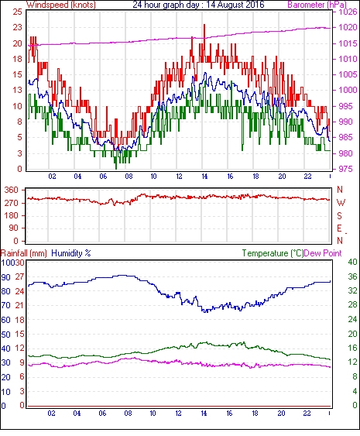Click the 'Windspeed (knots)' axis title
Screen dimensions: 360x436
click(61, 5)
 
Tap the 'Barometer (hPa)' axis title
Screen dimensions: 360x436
click(317, 5)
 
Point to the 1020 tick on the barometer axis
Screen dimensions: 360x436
click(348, 27)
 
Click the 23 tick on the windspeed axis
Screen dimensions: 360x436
click(18, 27)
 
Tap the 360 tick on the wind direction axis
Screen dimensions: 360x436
click(12, 191)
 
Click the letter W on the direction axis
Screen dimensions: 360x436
click(341, 203)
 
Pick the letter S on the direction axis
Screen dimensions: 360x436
click(339, 215)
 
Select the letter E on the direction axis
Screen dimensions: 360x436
click(339, 228)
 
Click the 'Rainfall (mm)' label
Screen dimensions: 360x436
click(24, 253)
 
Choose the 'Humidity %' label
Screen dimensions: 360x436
click(71, 253)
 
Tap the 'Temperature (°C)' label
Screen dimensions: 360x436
click(273, 253)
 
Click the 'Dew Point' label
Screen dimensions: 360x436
click(323, 253)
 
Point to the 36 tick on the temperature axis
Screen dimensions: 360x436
click(352, 276)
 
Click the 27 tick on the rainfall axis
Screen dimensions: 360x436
click(19, 276)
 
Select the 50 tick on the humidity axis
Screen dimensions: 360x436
click(6, 335)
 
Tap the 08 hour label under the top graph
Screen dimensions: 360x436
click(129, 177)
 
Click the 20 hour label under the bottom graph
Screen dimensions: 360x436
click(281, 414)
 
